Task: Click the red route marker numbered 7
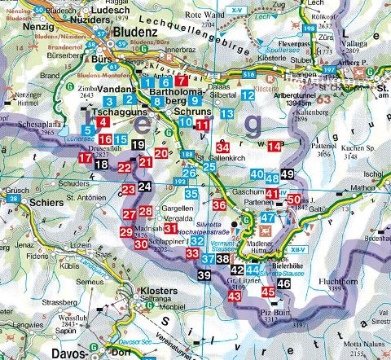pyautogui.click(x=182, y=81)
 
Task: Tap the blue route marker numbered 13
pyautogui.click(x=227, y=114)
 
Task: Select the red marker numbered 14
pyautogui.click(x=275, y=147)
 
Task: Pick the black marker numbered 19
pyautogui.click(x=138, y=146)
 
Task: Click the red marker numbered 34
pyautogui.click(x=222, y=147)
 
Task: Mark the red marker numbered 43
pyautogui.click(x=235, y=296)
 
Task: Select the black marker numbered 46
pyautogui.click(x=283, y=283)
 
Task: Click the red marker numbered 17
pyautogui.click(x=86, y=157)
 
